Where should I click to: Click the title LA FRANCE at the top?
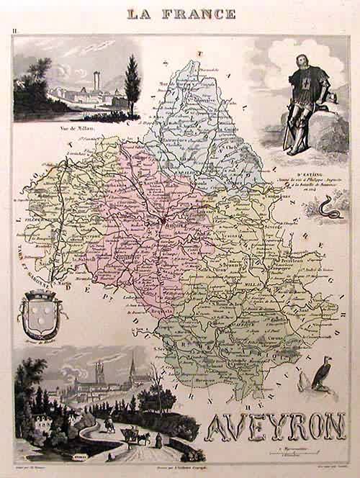[x=181, y=13]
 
